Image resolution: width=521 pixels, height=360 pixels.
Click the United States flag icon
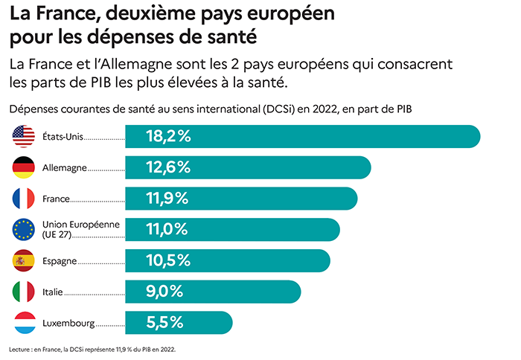point(24,137)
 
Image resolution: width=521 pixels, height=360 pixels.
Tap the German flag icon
point(24,168)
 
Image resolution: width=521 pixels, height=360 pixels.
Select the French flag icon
point(24,199)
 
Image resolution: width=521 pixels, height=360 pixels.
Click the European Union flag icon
point(24,230)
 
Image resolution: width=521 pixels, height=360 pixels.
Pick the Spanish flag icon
point(24,260)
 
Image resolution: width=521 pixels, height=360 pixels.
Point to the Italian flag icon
point(24,292)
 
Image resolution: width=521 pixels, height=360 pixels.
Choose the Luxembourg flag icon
point(24,324)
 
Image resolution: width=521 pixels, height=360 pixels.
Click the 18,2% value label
point(168,137)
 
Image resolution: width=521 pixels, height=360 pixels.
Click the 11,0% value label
point(167,230)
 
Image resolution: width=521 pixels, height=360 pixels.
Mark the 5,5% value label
point(164,324)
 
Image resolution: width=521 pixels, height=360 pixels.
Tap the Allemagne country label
point(65,168)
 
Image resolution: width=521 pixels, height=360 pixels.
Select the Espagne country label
point(60,261)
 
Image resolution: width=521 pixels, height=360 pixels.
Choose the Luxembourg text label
point(68,324)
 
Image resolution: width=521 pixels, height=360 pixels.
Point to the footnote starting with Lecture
point(92,348)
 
